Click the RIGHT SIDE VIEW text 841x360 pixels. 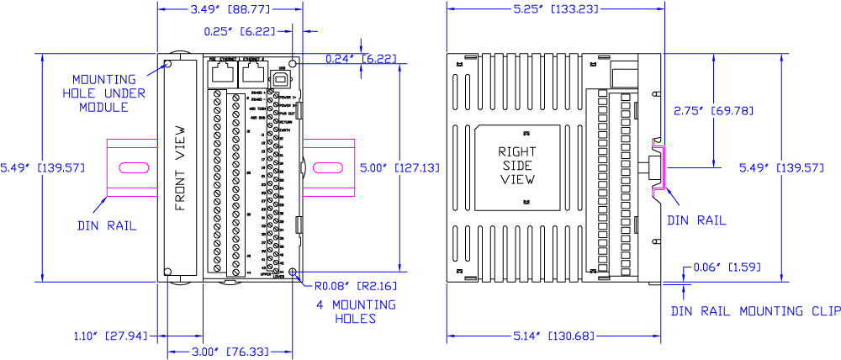click(517, 166)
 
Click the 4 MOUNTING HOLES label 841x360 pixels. click(356, 311)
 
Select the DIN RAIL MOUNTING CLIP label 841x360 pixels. click(754, 311)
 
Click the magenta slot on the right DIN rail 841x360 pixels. click(327, 167)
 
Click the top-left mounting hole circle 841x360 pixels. click(168, 63)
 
